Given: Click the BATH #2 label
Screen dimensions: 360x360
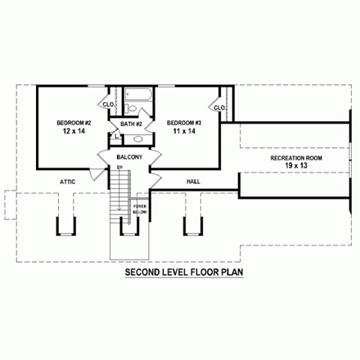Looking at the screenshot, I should [x=131, y=124].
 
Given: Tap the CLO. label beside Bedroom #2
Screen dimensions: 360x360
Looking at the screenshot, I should [x=107, y=105].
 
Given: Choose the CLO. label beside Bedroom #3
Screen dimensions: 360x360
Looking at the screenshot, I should [x=218, y=107].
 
